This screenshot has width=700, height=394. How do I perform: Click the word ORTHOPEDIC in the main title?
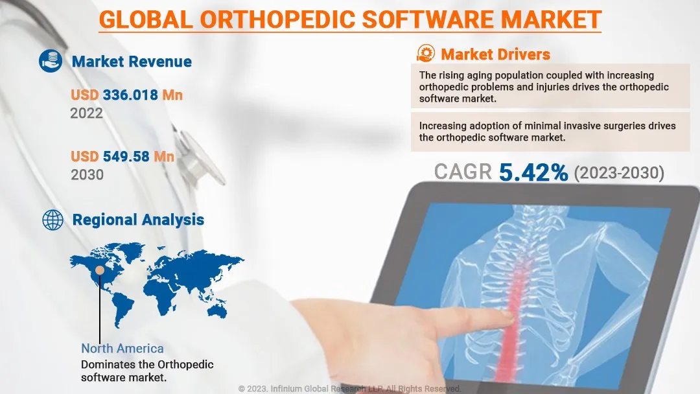coord(277,19)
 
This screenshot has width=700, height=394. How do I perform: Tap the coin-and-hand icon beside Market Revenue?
coord(51,61)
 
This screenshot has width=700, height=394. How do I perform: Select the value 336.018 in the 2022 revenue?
coord(130,95)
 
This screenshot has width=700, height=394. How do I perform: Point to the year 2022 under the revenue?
coord(87,113)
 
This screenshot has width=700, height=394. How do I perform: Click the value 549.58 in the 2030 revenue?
coord(126,157)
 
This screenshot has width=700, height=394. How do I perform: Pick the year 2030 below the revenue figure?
coord(87,174)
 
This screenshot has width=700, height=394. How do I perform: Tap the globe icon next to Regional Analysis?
coord(52,220)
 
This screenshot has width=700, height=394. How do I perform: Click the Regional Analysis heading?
coord(138,220)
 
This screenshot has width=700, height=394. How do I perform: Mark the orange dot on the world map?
coord(100,270)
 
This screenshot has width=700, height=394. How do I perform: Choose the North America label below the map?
coord(122,349)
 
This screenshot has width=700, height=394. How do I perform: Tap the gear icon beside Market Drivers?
coord(425,54)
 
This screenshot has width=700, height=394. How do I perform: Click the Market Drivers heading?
coord(496,54)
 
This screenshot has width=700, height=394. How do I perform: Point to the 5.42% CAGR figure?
coord(533,172)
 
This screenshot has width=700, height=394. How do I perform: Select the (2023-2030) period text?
coord(619,172)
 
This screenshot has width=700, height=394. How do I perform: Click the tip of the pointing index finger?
coord(511,315)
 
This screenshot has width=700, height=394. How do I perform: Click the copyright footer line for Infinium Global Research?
coord(349,389)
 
